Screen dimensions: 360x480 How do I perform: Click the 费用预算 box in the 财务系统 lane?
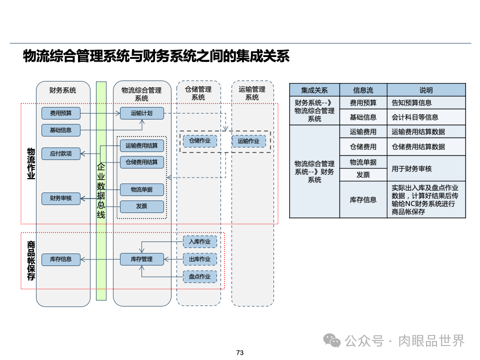pos(60,113)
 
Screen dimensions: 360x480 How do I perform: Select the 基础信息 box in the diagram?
pos(60,130)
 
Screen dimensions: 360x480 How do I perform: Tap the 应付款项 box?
pos(60,153)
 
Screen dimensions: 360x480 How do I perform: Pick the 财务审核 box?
pos(60,198)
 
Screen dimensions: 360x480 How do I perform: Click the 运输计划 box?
pos(141,113)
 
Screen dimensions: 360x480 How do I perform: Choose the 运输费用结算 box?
pos(141,146)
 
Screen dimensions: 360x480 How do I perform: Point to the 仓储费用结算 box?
pos(141,162)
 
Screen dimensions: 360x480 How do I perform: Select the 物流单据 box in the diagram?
pos(141,189)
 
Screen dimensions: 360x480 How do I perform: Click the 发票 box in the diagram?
pos(141,206)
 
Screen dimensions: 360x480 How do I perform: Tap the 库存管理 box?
pos(141,259)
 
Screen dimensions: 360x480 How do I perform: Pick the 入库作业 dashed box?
pos(200,242)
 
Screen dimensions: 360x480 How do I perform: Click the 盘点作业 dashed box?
pos(200,276)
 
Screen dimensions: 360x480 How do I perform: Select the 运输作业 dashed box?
pos(248,141)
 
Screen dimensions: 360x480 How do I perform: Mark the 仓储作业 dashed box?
pos(199,141)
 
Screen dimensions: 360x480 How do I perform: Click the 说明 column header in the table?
pos(426,90)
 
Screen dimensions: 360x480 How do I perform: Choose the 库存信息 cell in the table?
pos(363,199)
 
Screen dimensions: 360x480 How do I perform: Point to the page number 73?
pos(239,353)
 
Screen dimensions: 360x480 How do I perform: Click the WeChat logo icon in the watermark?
pos(331,340)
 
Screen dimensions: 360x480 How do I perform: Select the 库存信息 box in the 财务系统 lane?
pos(60,259)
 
